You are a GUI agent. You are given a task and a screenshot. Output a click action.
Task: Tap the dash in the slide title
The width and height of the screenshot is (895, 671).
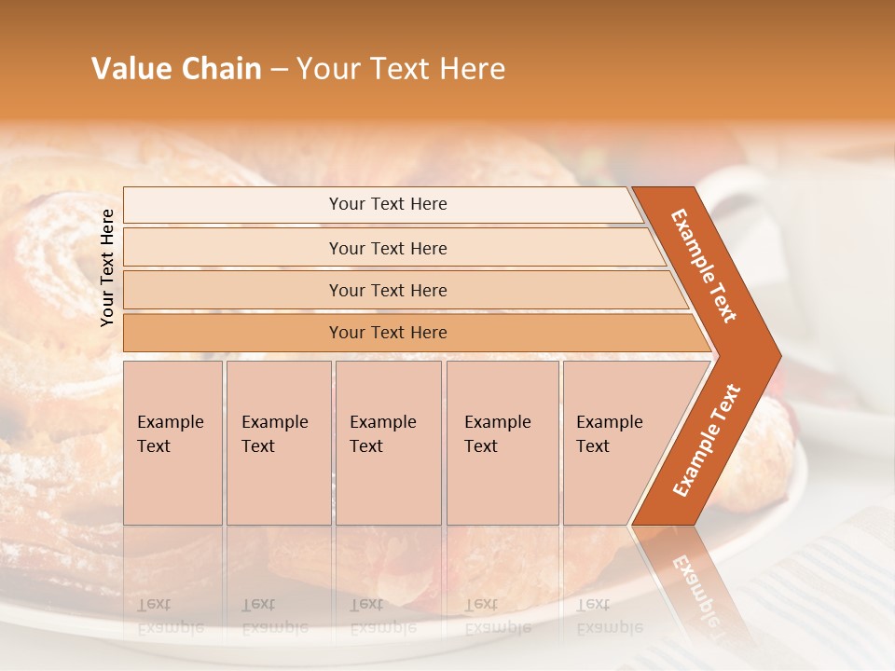pos(279,70)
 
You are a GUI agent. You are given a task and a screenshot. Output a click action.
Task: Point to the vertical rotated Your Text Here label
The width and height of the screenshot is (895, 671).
pos(107,267)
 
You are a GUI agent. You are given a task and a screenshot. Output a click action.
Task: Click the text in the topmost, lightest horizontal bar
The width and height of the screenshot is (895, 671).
pos(388,204)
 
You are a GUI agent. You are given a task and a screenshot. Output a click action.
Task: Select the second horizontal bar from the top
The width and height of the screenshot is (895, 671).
pos(388,248)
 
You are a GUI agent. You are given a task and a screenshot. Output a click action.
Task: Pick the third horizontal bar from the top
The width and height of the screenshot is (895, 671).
pos(388,290)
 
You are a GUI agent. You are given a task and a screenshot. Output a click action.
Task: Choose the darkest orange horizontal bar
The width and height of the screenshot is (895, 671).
pos(388,333)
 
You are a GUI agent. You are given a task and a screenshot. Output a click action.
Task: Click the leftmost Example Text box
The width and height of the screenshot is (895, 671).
pos(172,443)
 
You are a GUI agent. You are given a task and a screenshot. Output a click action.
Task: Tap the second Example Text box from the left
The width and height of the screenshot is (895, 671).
pos(278,443)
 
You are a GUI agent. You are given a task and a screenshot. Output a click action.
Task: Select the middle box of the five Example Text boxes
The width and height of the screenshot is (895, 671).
pos(388,443)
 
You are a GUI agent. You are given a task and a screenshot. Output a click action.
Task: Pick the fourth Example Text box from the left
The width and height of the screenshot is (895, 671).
pos(502,443)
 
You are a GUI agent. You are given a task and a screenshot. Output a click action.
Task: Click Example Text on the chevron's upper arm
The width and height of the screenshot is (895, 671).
pos(704,266)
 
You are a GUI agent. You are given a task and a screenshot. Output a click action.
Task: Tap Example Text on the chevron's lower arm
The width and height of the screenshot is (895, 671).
pos(707,440)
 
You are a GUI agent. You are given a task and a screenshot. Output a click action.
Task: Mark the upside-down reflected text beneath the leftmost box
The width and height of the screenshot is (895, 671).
pos(171,615)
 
